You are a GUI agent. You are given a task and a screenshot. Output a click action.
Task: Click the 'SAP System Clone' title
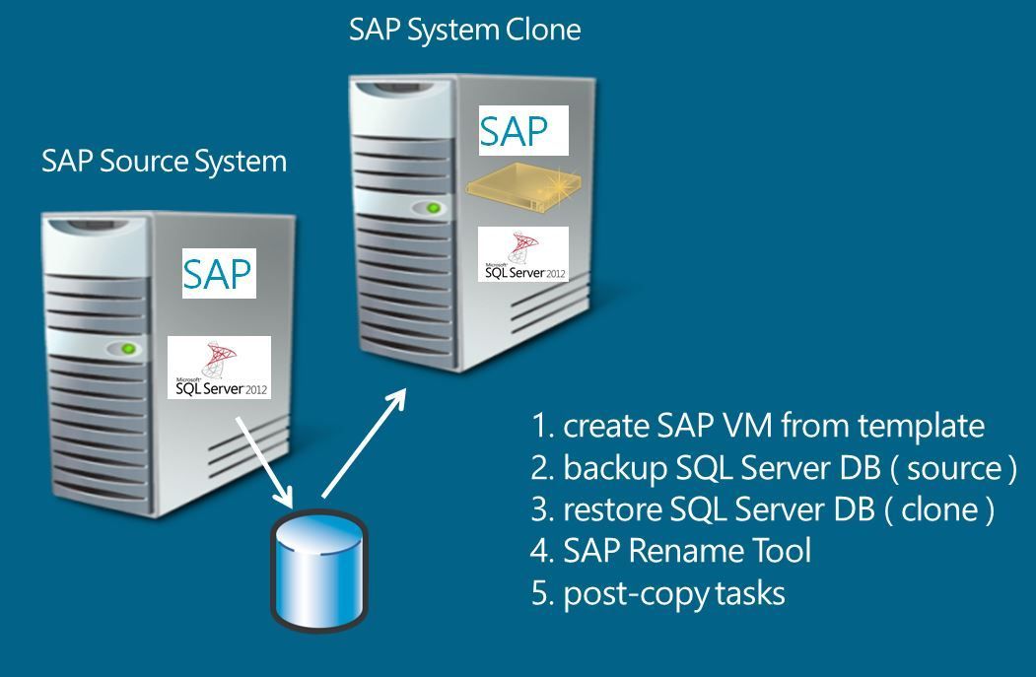[464, 30]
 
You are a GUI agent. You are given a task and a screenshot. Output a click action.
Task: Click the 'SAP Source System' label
[164, 161]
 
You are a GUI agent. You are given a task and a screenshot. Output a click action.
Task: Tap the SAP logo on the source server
[218, 273]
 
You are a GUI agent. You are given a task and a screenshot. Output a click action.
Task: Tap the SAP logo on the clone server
[523, 131]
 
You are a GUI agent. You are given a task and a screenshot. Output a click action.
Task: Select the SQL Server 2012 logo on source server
[220, 368]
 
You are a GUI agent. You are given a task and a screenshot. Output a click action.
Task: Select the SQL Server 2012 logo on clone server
[523, 254]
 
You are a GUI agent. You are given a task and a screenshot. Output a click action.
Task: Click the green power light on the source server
[127, 349]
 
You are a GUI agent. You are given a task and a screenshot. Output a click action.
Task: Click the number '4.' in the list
[542, 551]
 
